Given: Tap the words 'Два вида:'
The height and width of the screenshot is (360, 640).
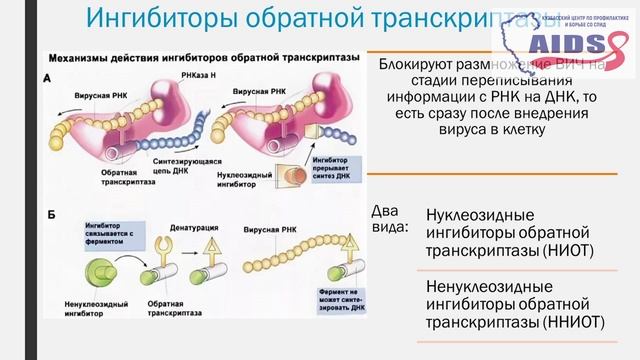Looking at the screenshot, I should [390, 218].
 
